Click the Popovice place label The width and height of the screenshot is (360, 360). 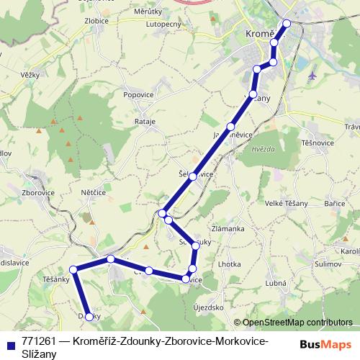coord(138,94)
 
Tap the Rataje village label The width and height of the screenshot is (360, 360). coord(145,122)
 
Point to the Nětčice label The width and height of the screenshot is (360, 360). coord(94,193)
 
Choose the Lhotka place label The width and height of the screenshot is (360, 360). coord(229,264)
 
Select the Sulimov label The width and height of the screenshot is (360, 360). coord(327,264)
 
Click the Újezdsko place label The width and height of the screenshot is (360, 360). coord(209,307)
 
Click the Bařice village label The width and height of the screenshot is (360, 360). coord(334,204)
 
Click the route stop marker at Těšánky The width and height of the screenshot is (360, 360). coord(73,269)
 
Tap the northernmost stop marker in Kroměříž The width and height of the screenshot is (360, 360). coord(287,23)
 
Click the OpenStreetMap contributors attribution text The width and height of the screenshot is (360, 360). coord(293,323)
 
